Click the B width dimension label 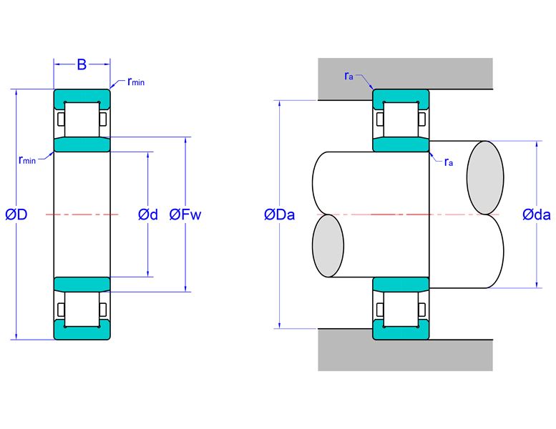[x=82, y=65]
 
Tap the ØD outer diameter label [x=16, y=214]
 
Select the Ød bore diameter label [x=148, y=214]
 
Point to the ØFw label [x=185, y=214]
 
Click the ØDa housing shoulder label [x=279, y=214]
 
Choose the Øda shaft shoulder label [x=537, y=214]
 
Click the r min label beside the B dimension [x=136, y=82]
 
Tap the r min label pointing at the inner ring [x=27, y=160]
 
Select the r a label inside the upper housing [x=348, y=76]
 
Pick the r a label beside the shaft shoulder [x=449, y=162]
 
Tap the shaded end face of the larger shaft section [x=485, y=177]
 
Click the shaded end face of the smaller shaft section [x=328, y=245]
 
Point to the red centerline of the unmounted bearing [x=82, y=214]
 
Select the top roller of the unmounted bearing [x=82, y=119]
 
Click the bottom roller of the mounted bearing [x=401, y=310]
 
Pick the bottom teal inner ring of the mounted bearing [x=401, y=285]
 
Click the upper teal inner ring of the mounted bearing [x=401, y=144]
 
